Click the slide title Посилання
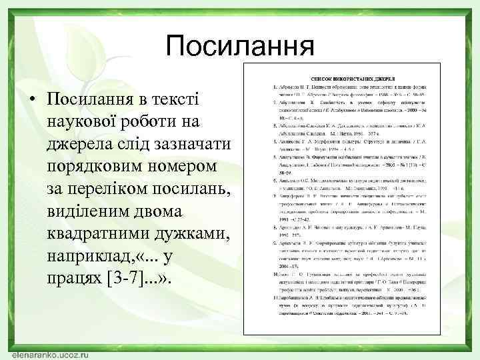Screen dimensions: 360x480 pos(240,47)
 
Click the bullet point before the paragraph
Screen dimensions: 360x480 pos(31,99)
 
